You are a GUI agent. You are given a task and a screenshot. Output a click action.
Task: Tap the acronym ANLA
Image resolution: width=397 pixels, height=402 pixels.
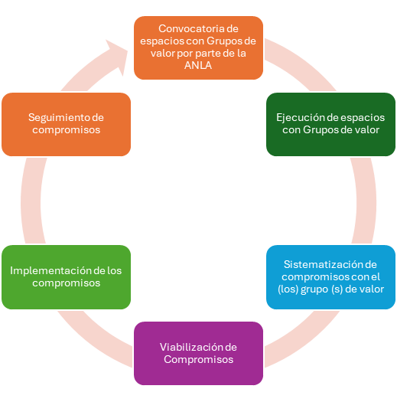click(x=198, y=65)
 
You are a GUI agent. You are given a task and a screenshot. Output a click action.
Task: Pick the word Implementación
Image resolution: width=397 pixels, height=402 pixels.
click(x=50, y=271)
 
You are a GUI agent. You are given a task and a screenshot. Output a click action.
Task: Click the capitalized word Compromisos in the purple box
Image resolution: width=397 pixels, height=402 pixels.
click(x=199, y=360)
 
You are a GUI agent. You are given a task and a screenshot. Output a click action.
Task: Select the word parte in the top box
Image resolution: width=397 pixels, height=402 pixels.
click(x=208, y=54)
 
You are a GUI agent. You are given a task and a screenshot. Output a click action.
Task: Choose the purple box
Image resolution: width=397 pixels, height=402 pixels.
click(x=199, y=353)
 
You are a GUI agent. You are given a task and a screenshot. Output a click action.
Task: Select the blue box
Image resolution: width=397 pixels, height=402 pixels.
click(x=330, y=277)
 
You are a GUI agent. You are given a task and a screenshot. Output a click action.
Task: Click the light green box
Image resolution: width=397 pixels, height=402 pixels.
click(x=66, y=277)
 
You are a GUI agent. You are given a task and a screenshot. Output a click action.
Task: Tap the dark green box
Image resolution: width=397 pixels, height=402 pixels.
click(x=330, y=124)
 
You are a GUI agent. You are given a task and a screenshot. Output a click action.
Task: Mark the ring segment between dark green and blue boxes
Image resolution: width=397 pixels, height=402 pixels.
click(x=366, y=201)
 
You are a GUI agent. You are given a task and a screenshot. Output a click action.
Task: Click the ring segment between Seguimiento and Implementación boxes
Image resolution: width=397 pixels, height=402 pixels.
click(x=31, y=201)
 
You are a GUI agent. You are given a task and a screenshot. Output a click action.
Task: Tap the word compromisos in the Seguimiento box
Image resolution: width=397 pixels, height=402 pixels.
click(x=66, y=130)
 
